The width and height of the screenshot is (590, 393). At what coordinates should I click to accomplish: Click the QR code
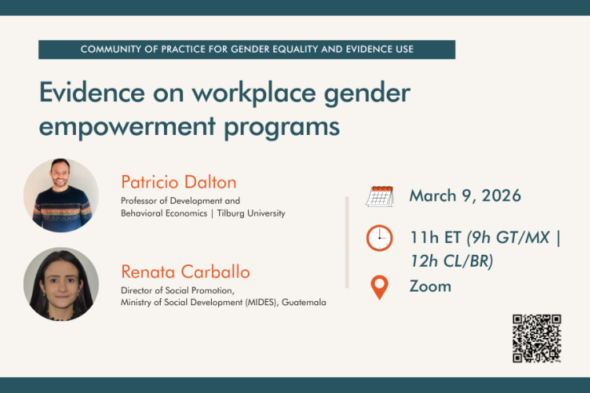click(536, 339)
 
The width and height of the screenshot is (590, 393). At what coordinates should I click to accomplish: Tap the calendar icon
click(379, 196)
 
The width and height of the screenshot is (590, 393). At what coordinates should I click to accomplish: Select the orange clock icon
click(379, 238)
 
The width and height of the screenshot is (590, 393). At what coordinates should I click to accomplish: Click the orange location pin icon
click(380, 287)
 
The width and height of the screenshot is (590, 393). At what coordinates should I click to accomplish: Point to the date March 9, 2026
click(464, 196)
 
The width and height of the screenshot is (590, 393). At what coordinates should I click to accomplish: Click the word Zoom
click(430, 286)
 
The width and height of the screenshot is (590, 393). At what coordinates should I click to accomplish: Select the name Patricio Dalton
click(178, 181)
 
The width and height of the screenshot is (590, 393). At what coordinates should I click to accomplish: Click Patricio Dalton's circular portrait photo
click(61, 195)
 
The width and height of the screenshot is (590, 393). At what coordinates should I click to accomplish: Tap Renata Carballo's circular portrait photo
click(61, 284)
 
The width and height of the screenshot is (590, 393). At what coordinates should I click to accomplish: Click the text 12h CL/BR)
click(451, 260)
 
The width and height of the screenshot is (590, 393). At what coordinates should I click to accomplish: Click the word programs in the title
click(289, 126)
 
